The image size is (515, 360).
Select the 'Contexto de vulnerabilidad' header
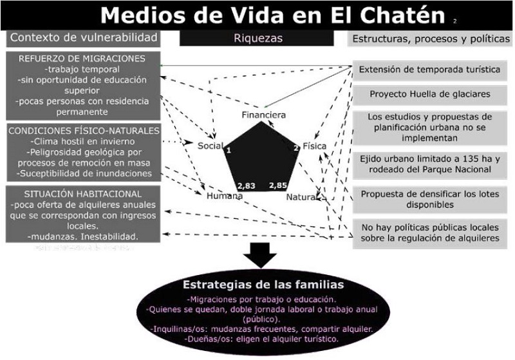[x=84, y=37]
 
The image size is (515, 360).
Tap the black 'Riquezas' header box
[x=257, y=38]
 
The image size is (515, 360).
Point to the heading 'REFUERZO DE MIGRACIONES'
[x=82, y=59]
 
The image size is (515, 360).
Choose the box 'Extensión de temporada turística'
[x=430, y=70]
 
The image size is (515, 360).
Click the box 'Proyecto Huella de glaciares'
[x=430, y=94]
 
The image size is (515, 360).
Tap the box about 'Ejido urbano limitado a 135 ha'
[x=430, y=164]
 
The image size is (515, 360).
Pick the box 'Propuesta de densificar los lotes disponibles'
[x=430, y=198]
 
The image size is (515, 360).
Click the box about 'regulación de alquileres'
[x=430, y=232]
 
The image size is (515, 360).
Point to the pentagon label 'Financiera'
[x=263, y=115]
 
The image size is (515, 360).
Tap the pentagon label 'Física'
[x=314, y=145]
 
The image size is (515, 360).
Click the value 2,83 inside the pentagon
[x=247, y=185]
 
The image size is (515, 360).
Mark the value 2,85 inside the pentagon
[x=278, y=185]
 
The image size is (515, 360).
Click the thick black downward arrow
[x=257, y=255]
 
